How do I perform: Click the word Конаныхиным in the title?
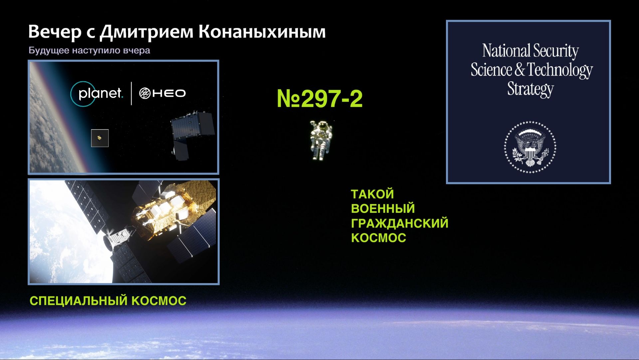click(x=262, y=32)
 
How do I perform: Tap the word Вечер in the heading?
click(x=55, y=32)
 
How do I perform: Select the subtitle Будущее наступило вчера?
click(x=89, y=50)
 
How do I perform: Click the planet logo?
click(x=97, y=94)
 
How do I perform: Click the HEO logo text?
click(x=162, y=93)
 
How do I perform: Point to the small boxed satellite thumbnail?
click(x=100, y=138)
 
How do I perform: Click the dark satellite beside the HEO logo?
click(x=191, y=135)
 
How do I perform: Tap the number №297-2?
click(x=319, y=99)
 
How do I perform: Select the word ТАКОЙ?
click(x=372, y=194)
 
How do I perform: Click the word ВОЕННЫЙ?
click(x=383, y=209)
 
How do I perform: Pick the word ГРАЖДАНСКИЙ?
click(x=400, y=223)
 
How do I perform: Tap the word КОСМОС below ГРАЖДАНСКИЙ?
click(x=379, y=238)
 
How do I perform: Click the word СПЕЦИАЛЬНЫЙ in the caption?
click(x=79, y=301)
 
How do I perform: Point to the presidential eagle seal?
click(x=530, y=147)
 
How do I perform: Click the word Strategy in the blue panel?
click(x=531, y=89)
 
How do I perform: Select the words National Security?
click(x=531, y=51)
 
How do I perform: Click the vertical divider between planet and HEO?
click(x=131, y=93)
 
